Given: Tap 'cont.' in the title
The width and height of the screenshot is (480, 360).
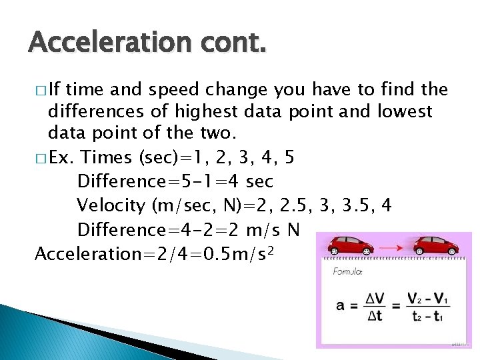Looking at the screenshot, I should point(231,42).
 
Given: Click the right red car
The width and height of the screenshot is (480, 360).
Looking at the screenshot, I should point(437,247).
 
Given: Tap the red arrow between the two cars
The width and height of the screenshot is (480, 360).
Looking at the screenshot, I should point(392,248).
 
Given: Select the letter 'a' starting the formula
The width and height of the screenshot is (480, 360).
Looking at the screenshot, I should point(341,305).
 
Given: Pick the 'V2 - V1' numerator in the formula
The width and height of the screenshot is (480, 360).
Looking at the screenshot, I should point(428,297).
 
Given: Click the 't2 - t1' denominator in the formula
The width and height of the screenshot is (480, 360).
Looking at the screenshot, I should point(428,316).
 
